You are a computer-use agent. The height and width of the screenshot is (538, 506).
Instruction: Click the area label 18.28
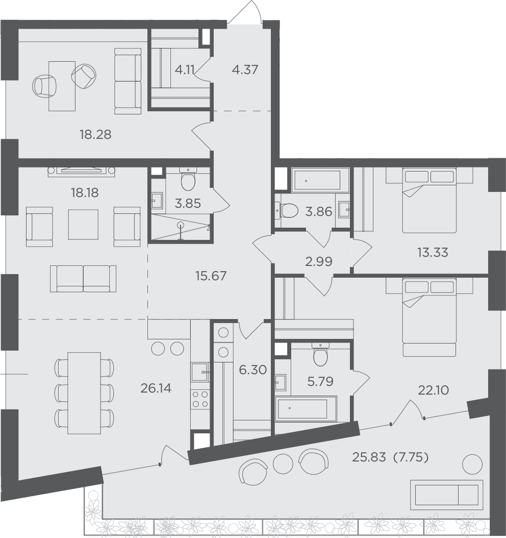click(96, 135)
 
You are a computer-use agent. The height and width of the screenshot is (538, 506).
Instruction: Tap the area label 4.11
click(185, 69)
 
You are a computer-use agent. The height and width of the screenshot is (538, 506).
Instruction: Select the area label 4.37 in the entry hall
click(245, 69)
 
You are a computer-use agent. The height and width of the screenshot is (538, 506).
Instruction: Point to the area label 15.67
click(211, 276)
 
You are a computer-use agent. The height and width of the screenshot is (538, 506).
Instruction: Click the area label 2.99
click(319, 261)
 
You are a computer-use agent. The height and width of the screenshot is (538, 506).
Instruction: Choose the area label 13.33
click(433, 253)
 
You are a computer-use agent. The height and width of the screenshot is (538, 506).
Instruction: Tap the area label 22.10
click(434, 390)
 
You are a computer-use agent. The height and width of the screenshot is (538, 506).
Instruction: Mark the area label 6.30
click(253, 370)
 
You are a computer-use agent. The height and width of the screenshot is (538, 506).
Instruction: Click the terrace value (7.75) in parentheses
click(411, 457)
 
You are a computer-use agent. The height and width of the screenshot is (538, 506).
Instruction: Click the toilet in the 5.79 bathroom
click(321, 355)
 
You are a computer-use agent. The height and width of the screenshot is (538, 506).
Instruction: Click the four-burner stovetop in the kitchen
click(200, 400)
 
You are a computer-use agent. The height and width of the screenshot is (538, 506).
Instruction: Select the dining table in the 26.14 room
click(84, 393)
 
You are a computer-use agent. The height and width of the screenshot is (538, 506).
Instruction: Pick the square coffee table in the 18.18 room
click(83, 225)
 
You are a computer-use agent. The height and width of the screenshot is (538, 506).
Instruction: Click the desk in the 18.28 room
click(62, 86)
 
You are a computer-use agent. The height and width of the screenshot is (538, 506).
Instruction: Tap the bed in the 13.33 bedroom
click(429, 201)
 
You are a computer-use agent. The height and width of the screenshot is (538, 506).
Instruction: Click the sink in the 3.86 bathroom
click(344, 209)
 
